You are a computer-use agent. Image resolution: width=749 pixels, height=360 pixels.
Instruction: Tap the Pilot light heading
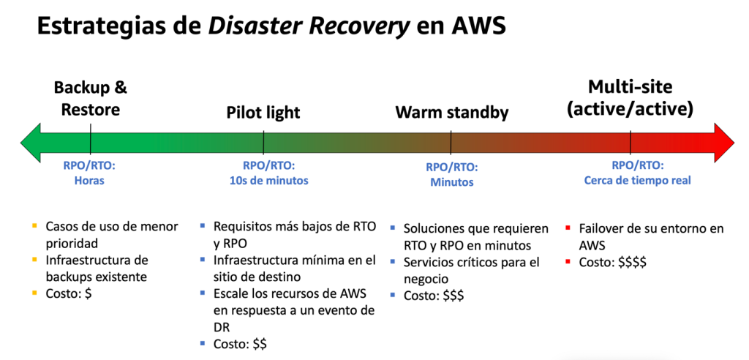[x=263, y=113]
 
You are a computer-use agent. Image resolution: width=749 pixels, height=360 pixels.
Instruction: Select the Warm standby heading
[x=451, y=113]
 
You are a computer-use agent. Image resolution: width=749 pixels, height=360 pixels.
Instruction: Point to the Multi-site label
[x=630, y=88]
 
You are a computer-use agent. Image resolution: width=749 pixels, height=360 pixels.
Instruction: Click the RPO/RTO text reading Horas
[x=89, y=181]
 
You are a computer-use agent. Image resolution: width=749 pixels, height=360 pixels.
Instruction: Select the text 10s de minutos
[x=264, y=181]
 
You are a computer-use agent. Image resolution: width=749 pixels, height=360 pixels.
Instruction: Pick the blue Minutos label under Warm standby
[x=451, y=182]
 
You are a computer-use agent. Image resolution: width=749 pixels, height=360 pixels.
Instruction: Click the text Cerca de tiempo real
[x=637, y=181]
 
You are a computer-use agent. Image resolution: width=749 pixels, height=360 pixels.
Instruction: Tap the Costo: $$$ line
[x=434, y=295]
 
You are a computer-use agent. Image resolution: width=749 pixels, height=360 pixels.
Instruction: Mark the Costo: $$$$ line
[x=614, y=262]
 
